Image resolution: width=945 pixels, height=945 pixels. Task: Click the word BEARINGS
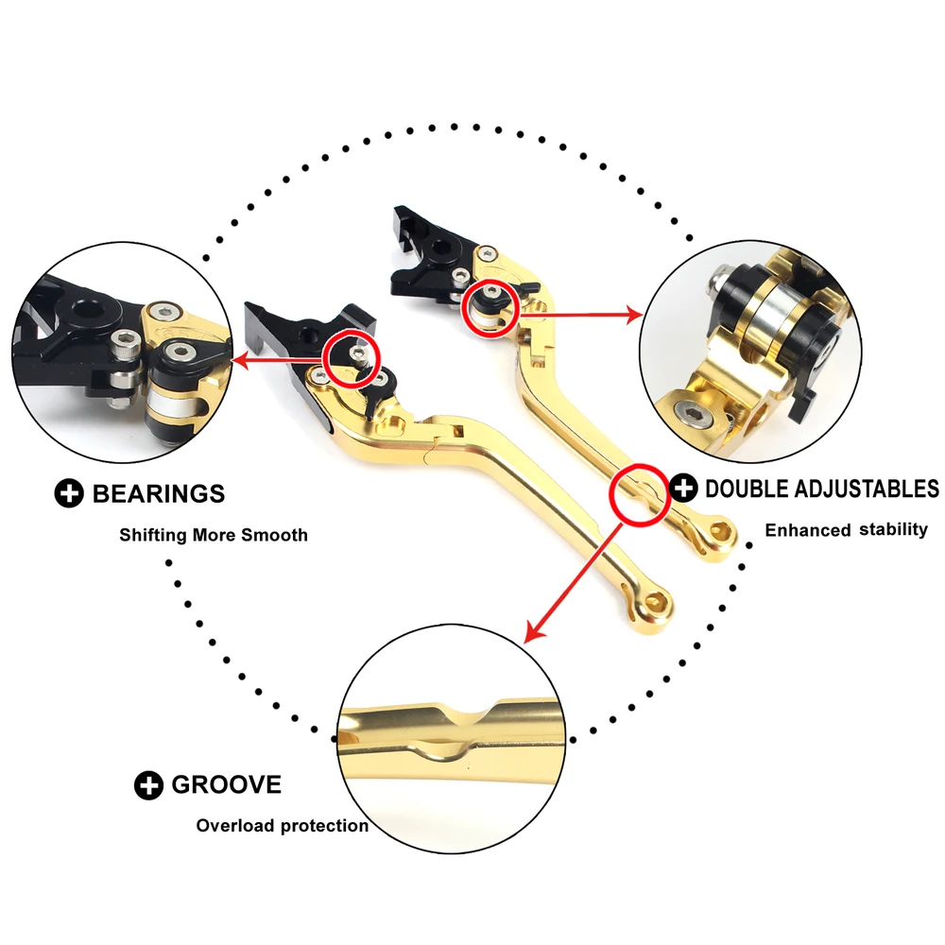[x=159, y=493]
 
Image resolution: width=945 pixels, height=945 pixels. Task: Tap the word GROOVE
[x=226, y=784]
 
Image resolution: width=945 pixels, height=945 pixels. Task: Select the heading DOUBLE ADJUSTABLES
[x=822, y=489]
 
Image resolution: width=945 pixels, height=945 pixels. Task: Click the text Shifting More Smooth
[x=214, y=535]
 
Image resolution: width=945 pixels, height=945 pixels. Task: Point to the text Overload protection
[x=282, y=826]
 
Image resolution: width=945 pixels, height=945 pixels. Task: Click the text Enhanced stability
[x=846, y=530]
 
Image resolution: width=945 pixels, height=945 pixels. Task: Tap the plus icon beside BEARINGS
[x=69, y=493]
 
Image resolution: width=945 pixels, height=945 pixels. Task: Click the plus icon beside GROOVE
[x=148, y=785]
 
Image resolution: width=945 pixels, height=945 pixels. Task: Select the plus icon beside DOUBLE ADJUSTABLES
[x=683, y=488]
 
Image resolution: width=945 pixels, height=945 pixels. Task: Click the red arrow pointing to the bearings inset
[x=279, y=360]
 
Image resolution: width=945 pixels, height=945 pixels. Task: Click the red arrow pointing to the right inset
[x=581, y=314]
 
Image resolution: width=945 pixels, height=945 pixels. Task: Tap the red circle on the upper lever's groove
[x=640, y=495]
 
